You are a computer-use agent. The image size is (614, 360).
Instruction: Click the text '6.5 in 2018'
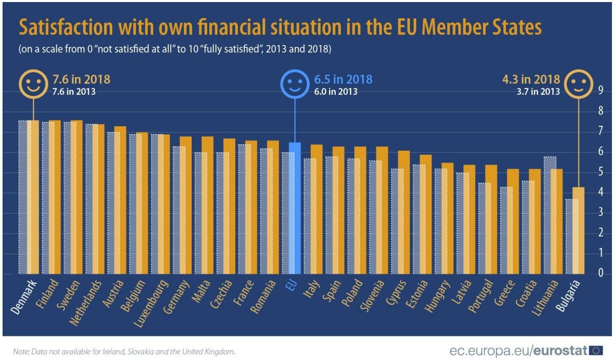click(342, 80)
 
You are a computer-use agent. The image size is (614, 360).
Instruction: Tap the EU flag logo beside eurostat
click(596, 350)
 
